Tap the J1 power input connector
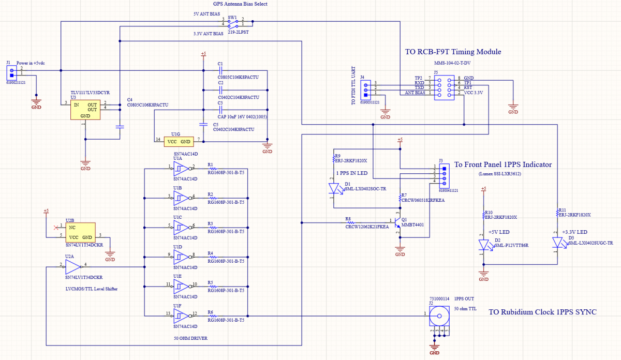(12, 72)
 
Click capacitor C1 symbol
(220, 70)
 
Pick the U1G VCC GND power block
(179, 142)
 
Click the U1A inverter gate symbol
(181, 168)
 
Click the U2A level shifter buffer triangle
(73, 267)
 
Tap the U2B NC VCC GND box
(81, 231)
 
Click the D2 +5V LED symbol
(484, 245)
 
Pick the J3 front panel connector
(443, 175)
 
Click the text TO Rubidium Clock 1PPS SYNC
(542, 312)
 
